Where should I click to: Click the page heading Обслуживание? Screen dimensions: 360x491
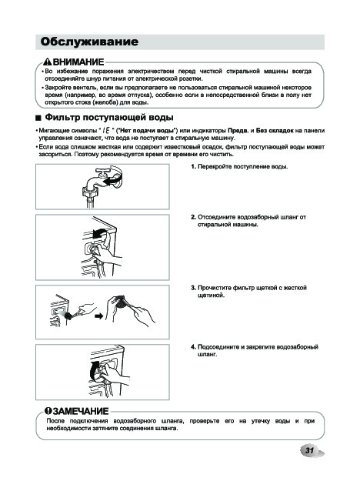[89, 42]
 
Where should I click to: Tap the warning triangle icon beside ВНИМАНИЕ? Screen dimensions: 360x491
[48, 62]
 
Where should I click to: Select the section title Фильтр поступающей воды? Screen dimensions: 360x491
[109, 118]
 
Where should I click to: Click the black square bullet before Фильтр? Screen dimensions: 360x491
[38, 118]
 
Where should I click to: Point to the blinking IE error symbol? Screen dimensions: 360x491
[106, 130]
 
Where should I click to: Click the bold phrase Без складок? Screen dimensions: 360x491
[275, 130]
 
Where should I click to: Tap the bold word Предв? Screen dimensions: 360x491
[238, 130]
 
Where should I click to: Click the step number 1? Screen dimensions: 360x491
[193, 166]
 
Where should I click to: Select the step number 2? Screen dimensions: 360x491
[193, 217]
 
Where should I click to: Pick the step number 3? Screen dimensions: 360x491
[193, 288]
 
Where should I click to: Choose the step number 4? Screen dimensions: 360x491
[193, 347]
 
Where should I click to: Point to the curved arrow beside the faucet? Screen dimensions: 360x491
[113, 180]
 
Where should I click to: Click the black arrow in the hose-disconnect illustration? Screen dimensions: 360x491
[99, 233]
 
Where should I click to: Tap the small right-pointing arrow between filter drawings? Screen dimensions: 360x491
[99, 316]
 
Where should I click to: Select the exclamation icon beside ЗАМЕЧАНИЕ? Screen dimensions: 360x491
[48, 410]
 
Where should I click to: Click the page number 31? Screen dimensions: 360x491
[309, 451]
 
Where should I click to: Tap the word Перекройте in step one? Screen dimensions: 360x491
[212, 166]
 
